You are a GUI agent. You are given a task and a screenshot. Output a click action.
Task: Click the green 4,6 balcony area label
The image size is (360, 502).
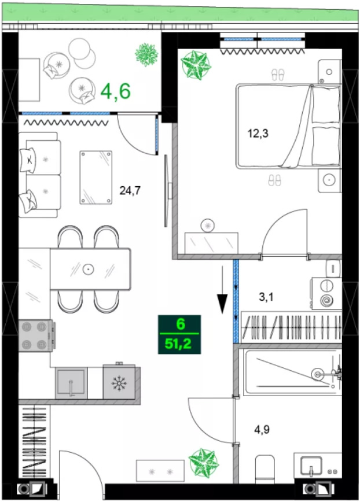click(x=116, y=91)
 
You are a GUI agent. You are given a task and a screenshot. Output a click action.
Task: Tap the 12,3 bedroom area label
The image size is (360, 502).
click(x=258, y=133)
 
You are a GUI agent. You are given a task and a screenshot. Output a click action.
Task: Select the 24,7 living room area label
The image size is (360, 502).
click(x=130, y=191)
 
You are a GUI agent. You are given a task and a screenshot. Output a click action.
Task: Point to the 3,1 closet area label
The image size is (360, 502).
click(x=266, y=297)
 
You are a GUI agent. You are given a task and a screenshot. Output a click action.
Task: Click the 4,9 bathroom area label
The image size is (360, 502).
click(x=262, y=429)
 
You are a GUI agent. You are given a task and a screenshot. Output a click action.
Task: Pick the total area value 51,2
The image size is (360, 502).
click(x=178, y=344)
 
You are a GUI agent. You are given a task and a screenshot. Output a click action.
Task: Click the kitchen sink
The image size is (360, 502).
click(x=71, y=383)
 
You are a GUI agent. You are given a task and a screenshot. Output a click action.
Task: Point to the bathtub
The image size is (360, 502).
click(x=292, y=372)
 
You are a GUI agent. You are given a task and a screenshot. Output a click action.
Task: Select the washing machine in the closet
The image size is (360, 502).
click(x=326, y=293)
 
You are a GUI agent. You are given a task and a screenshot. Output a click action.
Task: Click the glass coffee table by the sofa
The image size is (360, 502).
click(x=95, y=178)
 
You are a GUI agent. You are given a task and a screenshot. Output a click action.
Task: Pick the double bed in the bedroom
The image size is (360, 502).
click(x=288, y=126)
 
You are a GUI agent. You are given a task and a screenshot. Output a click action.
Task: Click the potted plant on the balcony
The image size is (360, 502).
click(x=146, y=55)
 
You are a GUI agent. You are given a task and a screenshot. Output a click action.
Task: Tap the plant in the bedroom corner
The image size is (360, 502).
click(x=196, y=65)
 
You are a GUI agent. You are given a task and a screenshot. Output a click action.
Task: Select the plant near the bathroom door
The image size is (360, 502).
click(x=203, y=462)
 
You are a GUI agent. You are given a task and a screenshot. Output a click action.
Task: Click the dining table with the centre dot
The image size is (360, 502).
click(x=90, y=269)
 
